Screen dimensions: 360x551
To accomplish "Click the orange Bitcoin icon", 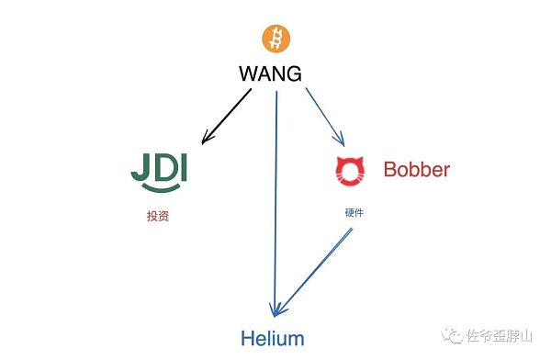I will (274, 39).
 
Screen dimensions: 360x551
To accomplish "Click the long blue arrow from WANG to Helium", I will (275, 202).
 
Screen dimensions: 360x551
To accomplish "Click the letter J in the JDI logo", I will (141, 168).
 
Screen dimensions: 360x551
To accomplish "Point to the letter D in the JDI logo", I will (163, 168).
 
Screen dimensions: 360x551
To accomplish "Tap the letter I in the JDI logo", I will (184, 168).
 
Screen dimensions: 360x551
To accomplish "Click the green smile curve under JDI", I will (163, 191).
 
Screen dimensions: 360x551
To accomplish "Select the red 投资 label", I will (158, 218).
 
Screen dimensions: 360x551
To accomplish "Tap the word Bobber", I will (416, 170).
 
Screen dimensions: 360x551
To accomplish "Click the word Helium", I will (273, 338).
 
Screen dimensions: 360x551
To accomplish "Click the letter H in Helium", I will (250, 338).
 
